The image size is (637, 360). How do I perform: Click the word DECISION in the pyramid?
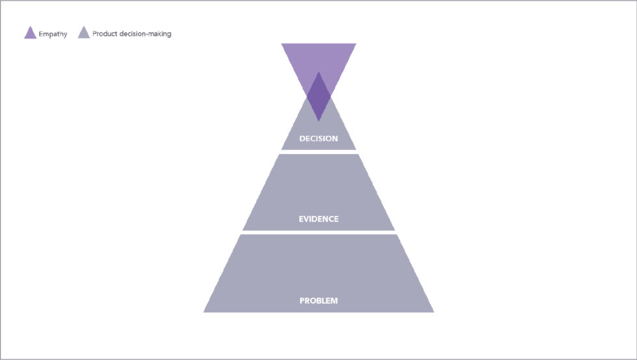tap(318, 138)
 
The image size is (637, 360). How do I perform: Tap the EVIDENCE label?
tap(318, 219)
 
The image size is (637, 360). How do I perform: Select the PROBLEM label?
tap(318, 301)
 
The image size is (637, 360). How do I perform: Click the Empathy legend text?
tap(53, 34)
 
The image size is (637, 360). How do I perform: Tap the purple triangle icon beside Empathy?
tap(30, 32)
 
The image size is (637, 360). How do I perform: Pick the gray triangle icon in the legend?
tap(84, 32)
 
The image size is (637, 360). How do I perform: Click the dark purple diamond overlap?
tap(318, 97)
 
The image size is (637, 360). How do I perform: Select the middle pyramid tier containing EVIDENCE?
tap(318, 192)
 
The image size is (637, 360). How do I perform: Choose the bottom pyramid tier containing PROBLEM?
tap(318, 274)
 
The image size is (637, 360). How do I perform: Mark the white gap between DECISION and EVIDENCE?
tap(318, 152)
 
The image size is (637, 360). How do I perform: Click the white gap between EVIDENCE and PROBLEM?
tap(318, 233)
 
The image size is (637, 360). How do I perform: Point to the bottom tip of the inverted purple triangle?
tap(318, 122)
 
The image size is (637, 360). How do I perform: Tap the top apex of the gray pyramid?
tap(318, 72)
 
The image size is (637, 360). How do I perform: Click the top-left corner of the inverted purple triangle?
tap(281, 44)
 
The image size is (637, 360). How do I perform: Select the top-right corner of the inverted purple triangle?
tap(356, 44)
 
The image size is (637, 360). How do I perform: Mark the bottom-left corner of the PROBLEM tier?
tap(203, 313)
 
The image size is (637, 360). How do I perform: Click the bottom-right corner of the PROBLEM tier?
tap(434, 313)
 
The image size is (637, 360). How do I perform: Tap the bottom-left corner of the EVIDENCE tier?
tap(242, 231)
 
